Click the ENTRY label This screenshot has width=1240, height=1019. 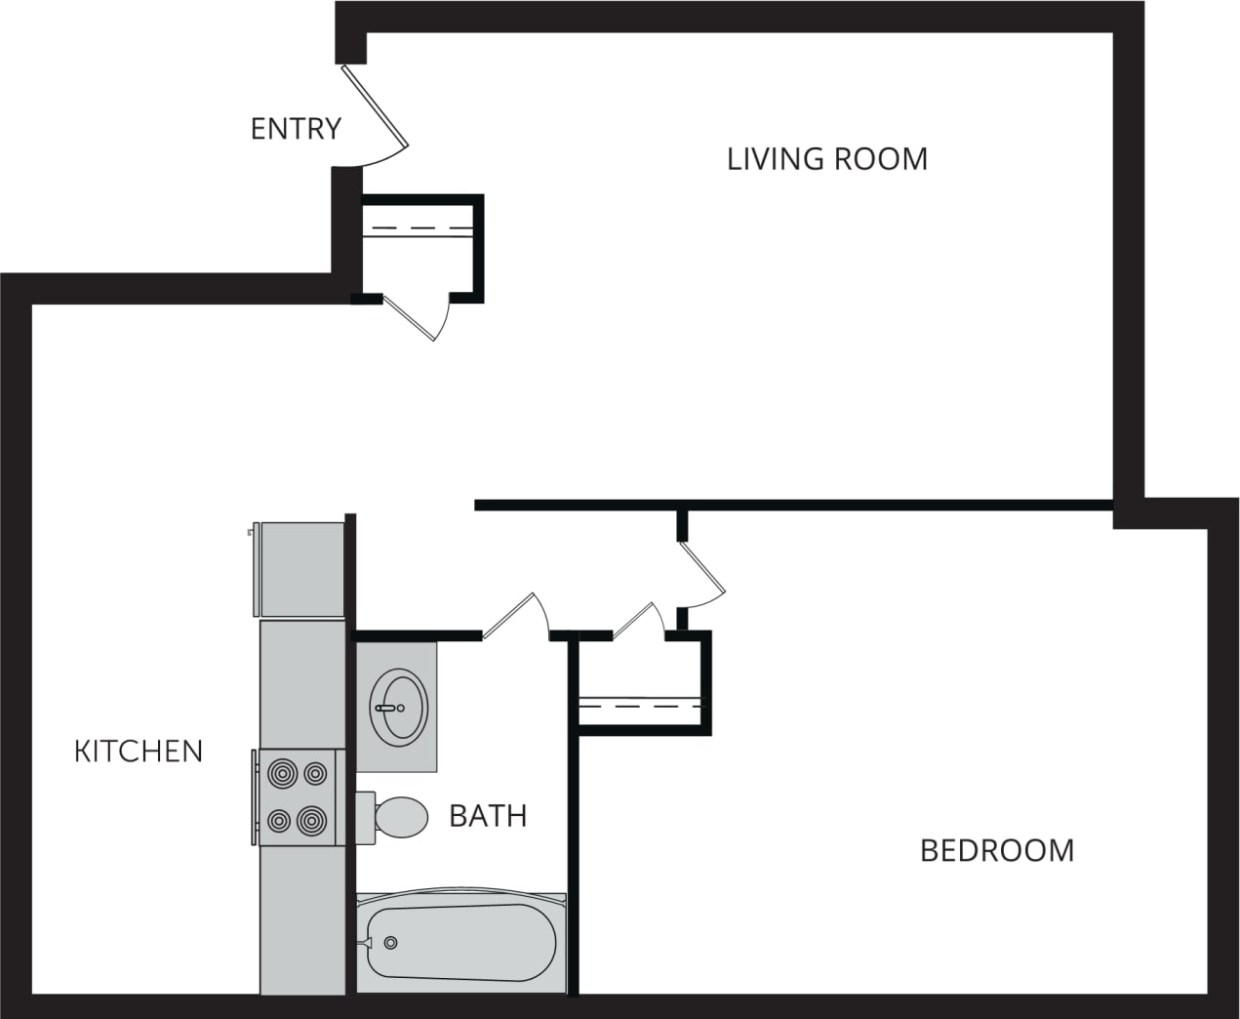(x=296, y=129)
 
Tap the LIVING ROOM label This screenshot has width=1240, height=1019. (x=827, y=159)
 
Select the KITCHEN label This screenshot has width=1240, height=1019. (x=139, y=751)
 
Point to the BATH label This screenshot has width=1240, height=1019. (x=488, y=815)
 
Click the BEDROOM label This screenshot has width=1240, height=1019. (x=997, y=850)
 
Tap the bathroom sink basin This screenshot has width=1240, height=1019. (x=398, y=707)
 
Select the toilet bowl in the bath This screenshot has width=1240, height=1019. (x=401, y=816)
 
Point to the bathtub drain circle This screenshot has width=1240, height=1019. (x=391, y=942)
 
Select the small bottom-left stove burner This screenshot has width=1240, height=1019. (x=279, y=820)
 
